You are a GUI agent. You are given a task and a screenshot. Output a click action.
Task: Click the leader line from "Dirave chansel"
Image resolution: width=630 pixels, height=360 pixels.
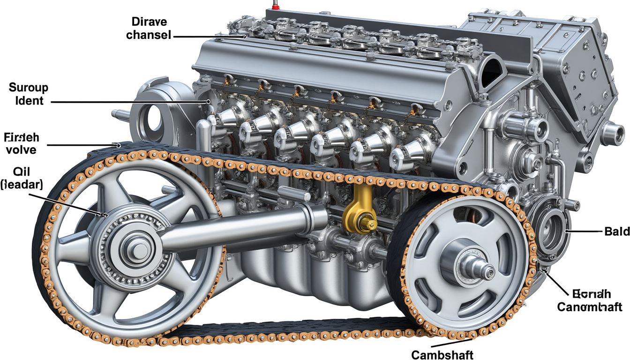[209, 36]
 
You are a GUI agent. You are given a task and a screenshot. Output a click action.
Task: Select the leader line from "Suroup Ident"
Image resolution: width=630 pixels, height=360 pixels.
[127, 101]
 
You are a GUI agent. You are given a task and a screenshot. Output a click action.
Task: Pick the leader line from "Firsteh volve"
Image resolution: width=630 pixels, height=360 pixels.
[82, 145]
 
